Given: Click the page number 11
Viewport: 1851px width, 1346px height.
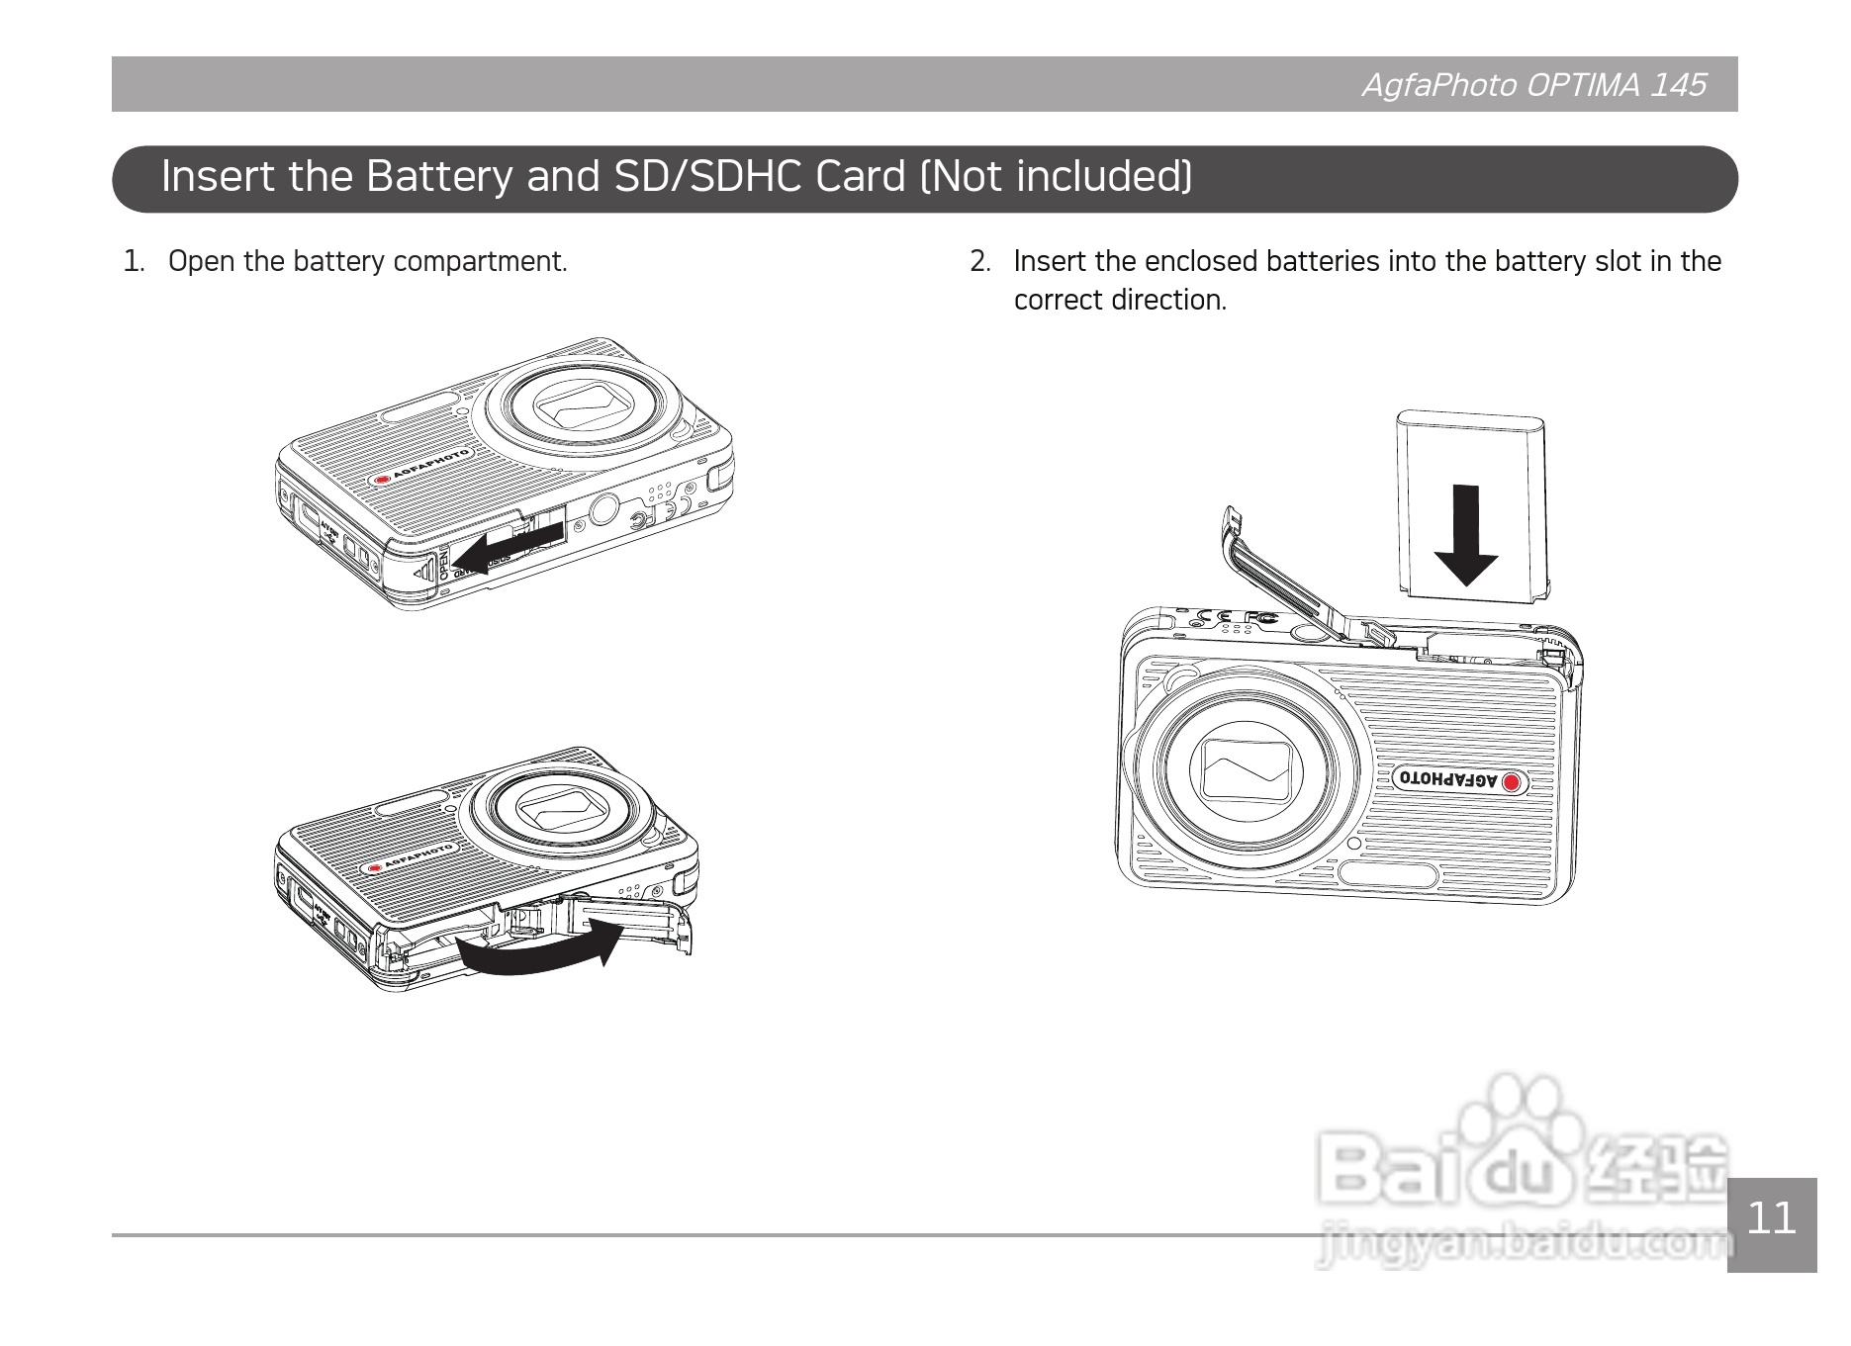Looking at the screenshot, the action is coord(1772,1217).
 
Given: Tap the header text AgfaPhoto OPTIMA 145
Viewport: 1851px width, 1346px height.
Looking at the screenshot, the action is coord(1533,85).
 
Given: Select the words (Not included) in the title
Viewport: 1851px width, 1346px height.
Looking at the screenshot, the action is coord(1057,176).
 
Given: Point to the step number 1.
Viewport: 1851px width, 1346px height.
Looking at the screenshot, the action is coord(133,261).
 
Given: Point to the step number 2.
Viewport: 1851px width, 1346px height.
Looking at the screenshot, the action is coord(979,261).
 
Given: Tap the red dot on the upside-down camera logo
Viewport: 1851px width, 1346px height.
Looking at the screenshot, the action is coord(1512,783).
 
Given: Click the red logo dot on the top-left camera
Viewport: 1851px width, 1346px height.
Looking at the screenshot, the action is coord(382,481).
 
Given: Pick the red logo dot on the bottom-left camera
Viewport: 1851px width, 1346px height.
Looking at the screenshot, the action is coord(375,868).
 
